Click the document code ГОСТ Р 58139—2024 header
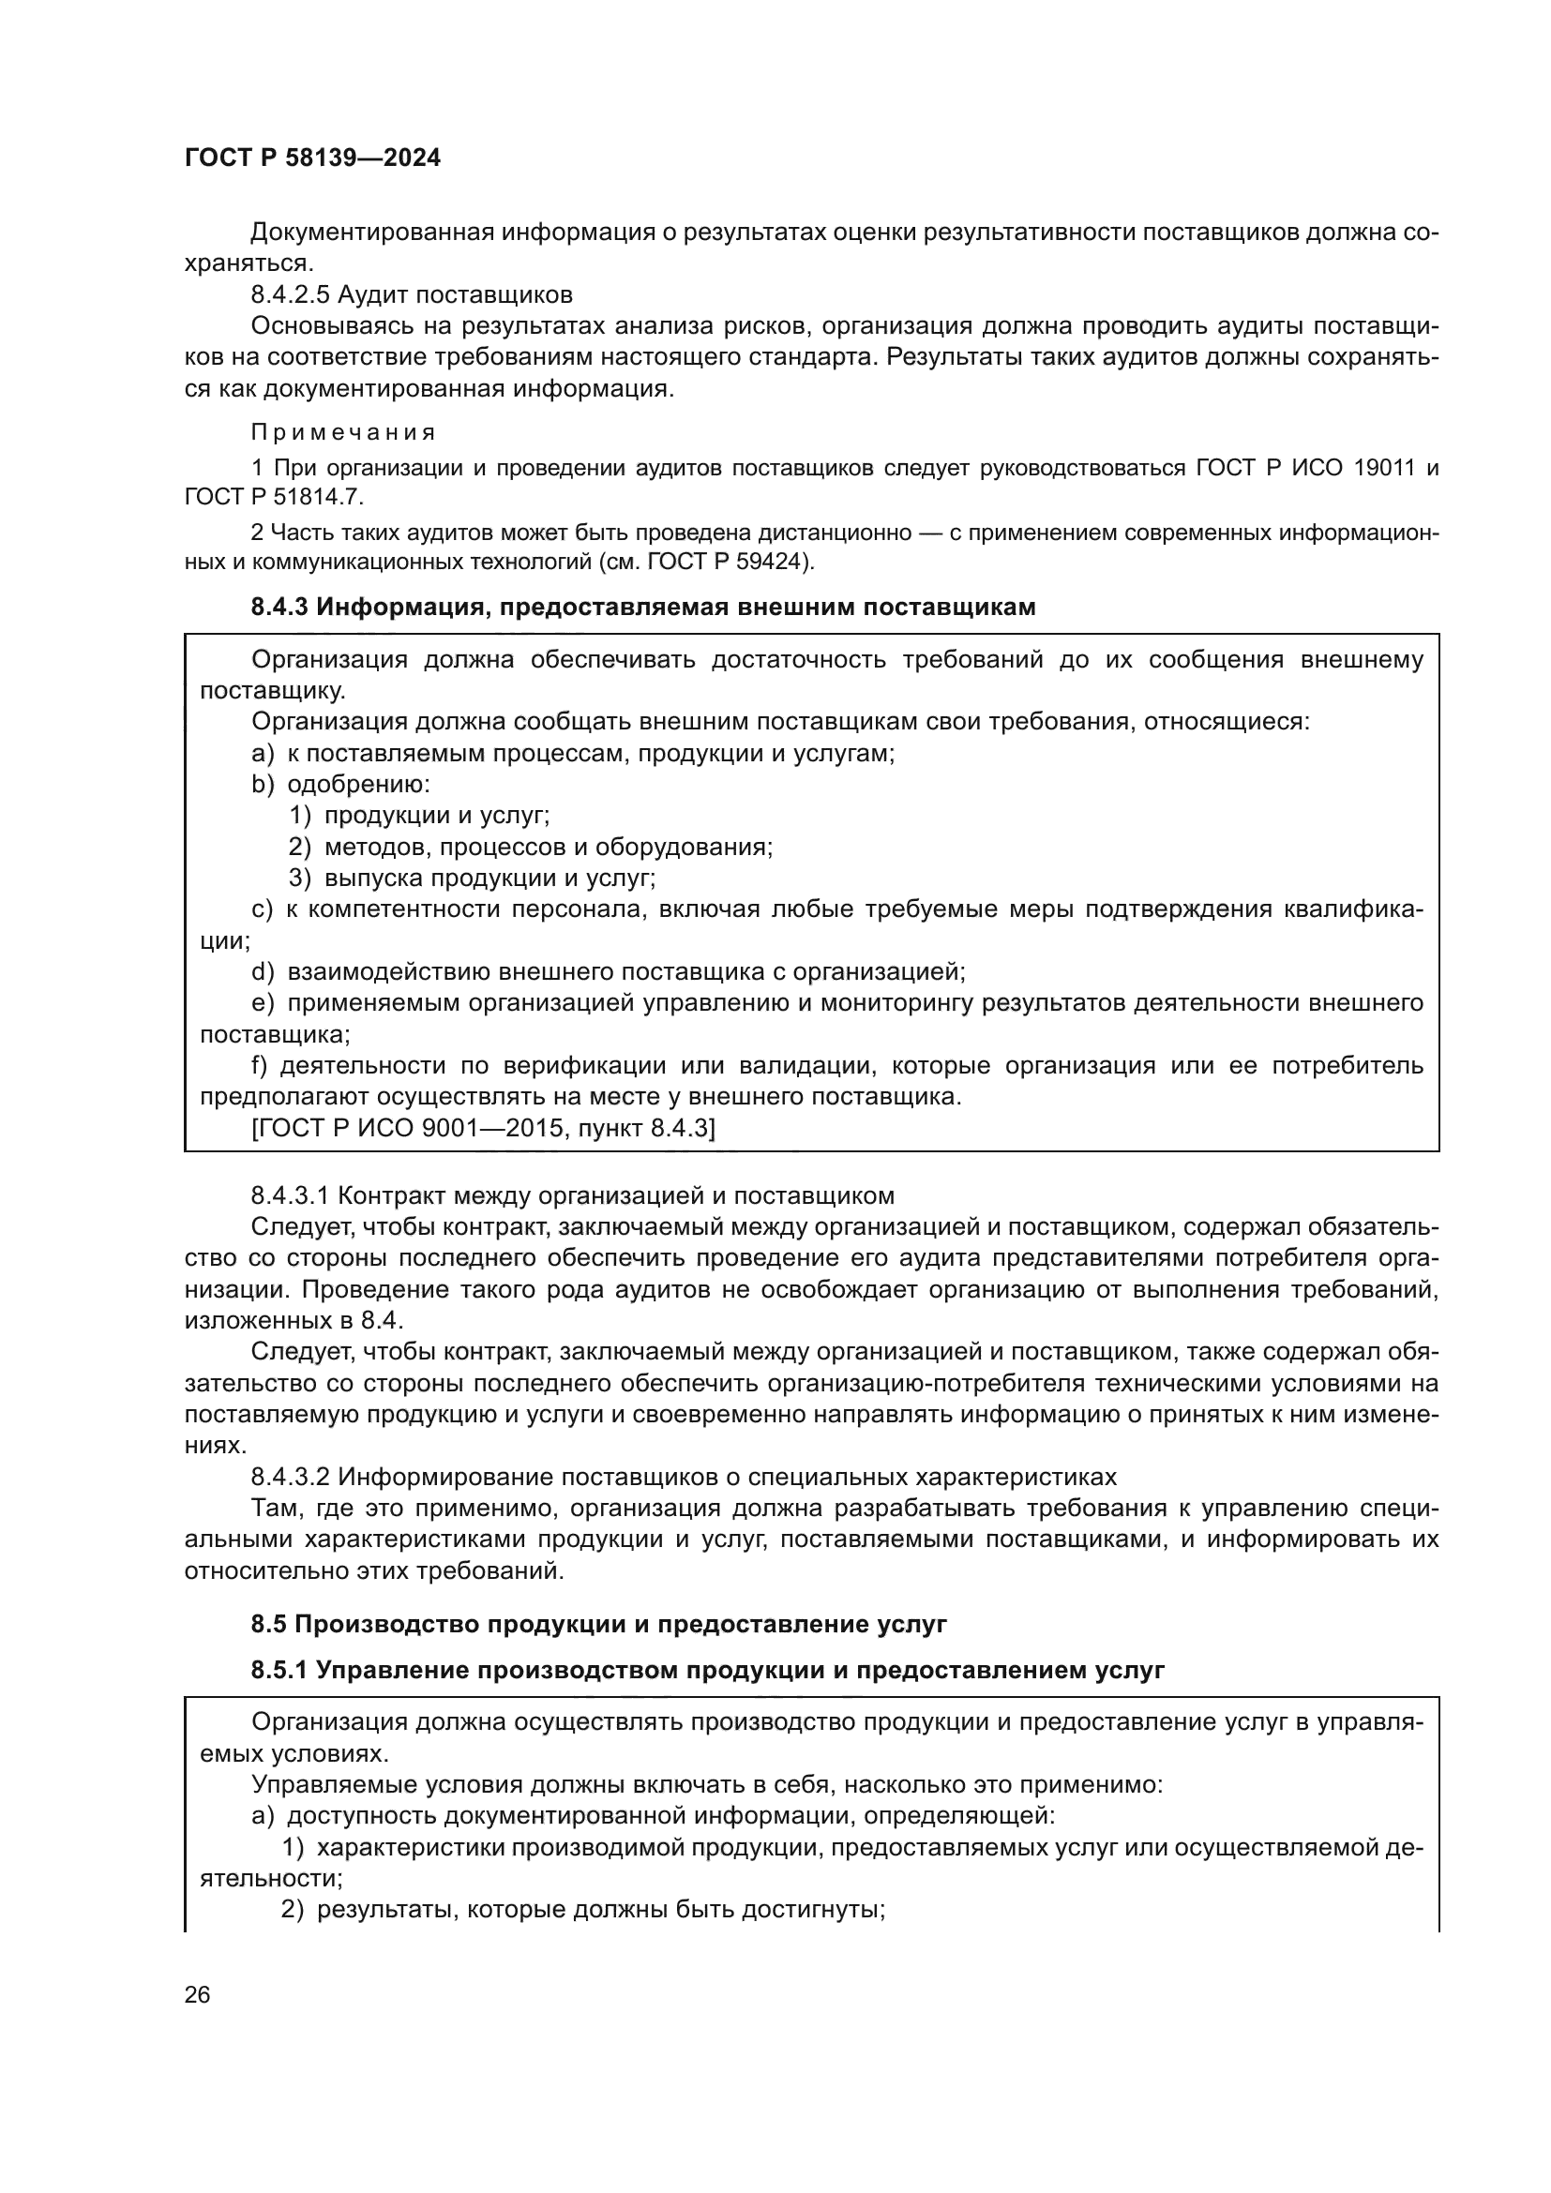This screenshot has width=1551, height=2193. pos(312,158)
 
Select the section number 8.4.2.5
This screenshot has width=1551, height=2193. pos(291,294)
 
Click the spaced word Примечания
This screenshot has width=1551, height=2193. pos(343,432)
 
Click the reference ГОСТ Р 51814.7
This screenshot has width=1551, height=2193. pos(274,498)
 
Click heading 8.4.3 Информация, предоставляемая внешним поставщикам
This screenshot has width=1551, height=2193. pos(642,608)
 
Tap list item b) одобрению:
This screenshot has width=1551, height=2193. pos(341,784)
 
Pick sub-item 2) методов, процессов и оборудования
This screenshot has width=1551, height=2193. pos(531,847)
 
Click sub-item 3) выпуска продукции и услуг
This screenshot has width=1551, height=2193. pos(472,878)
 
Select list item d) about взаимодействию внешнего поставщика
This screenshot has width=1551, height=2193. pos(609,972)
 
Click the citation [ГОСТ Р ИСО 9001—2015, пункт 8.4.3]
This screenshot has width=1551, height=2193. pos(482,1128)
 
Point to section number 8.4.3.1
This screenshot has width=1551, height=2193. pos(291,1195)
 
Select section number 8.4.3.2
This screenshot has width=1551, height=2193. pos(291,1477)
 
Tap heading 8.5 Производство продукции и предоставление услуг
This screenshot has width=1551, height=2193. pos(599,1624)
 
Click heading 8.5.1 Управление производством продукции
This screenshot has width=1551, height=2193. pos(708,1671)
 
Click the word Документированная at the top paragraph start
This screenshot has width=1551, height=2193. pos(372,233)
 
